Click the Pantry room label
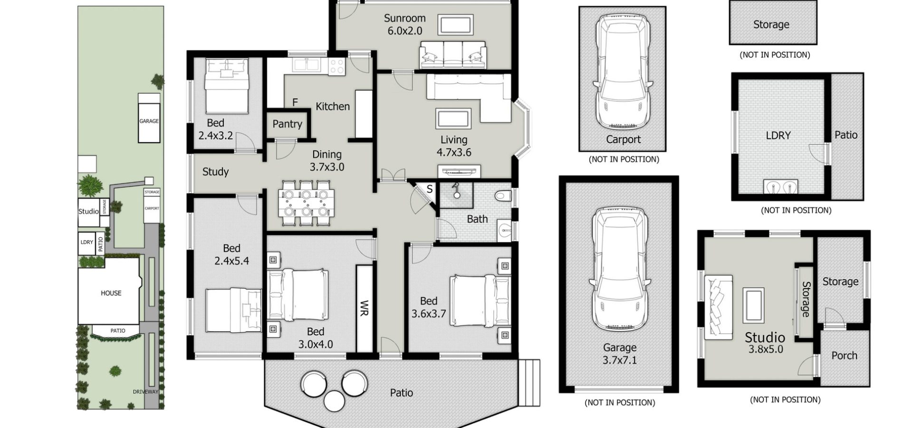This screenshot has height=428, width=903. pyautogui.click(x=287, y=124)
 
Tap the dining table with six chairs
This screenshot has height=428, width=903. pyautogui.click(x=306, y=203)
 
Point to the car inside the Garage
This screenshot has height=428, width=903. pyautogui.click(x=620, y=270)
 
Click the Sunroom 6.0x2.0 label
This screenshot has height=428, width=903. pyautogui.click(x=404, y=25)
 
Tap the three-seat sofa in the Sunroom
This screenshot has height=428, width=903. pyautogui.click(x=453, y=55)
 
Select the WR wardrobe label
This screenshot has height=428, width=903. pyautogui.click(x=364, y=308)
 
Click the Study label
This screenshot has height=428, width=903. pyautogui.click(x=215, y=172)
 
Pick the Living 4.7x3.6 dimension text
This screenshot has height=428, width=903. pyautogui.click(x=454, y=153)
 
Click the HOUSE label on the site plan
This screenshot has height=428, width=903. pyautogui.click(x=111, y=293)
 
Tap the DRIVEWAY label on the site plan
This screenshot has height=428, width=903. pyautogui.click(x=145, y=392)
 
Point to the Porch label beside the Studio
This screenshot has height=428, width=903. pyautogui.click(x=844, y=355)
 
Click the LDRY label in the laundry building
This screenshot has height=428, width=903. pyautogui.click(x=778, y=136)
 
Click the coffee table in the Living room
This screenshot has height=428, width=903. pyautogui.click(x=453, y=118)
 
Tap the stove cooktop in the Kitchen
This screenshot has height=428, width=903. pyautogui.click(x=337, y=66)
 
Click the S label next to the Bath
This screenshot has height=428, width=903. pyautogui.click(x=429, y=189)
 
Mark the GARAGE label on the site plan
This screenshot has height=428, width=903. pyautogui.click(x=149, y=121)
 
